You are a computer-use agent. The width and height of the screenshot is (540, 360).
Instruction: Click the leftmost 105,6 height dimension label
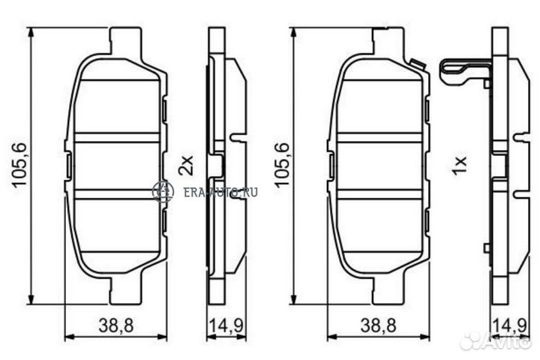[x=19, y=165]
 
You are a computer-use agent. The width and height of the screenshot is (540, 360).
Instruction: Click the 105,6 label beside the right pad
[x=281, y=165]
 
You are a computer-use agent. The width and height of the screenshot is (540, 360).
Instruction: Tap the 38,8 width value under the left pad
[x=115, y=325]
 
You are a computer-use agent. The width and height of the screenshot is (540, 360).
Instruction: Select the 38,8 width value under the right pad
[x=378, y=325]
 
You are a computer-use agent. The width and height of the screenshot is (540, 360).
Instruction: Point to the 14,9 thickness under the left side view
[x=226, y=325]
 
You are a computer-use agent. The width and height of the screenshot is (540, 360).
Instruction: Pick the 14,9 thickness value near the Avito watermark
[x=510, y=325]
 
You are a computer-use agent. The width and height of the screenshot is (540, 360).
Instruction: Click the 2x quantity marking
[x=186, y=165]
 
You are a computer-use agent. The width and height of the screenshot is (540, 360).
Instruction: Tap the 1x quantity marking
[x=460, y=166]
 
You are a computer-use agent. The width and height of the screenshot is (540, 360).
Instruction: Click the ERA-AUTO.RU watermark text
[x=220, y=192]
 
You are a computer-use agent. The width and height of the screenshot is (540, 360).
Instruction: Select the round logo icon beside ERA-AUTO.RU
[x=163, y=191]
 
